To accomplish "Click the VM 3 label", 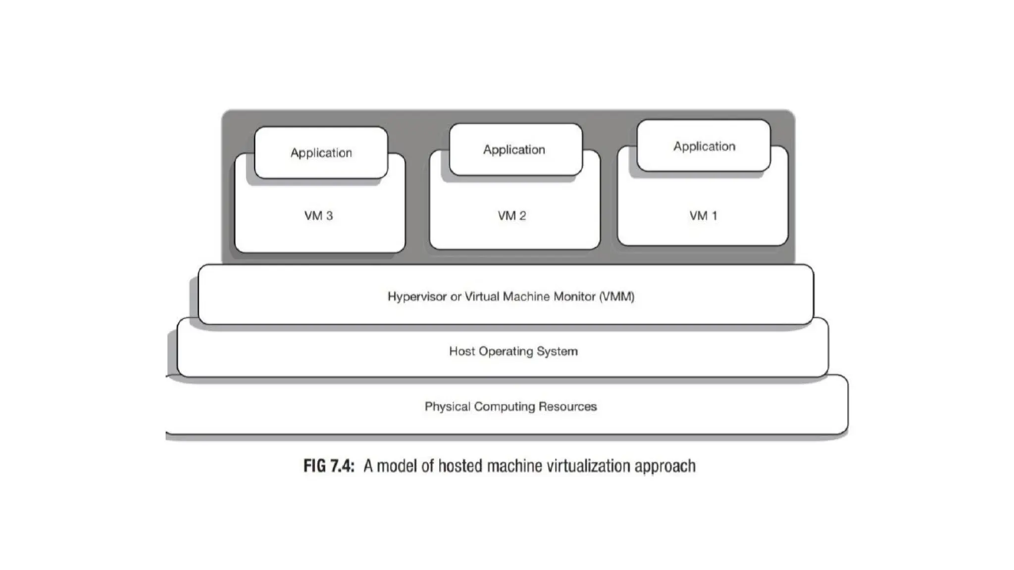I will (318, 216).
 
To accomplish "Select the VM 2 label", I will (512, 216).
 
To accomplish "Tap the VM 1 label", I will (703, 216).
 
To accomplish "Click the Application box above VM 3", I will (321, 152).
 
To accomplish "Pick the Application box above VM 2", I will (514, 149).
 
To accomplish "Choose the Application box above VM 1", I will (704, 146).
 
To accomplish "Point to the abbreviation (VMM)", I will (616, 297).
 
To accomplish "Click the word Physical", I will (447, 407).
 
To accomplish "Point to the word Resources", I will (567, 407).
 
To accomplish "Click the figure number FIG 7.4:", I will (329, 466).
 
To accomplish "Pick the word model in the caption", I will (397, 466).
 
